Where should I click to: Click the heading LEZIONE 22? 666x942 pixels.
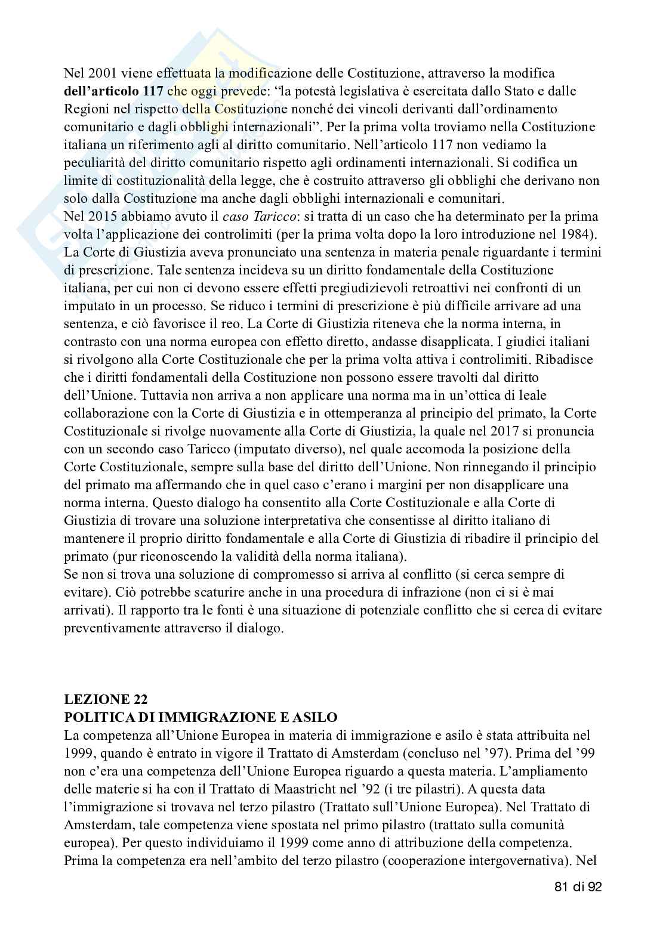coord(106,699)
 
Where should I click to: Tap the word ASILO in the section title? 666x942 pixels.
coord(314,716)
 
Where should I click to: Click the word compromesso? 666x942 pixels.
coord(282,575)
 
